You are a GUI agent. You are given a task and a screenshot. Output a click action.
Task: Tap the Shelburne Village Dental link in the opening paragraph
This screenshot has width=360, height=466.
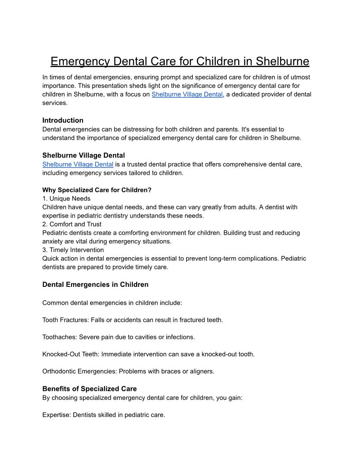pos(187,94)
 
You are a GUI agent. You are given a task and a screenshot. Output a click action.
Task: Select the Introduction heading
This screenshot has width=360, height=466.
pos(63,120)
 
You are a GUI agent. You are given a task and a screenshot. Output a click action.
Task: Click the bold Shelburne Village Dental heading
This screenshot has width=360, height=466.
pos(83,155)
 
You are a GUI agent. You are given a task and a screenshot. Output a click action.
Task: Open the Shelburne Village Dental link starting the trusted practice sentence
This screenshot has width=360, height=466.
pos(78,164)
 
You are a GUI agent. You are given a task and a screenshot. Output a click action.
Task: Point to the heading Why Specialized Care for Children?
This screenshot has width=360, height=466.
pos(97,190)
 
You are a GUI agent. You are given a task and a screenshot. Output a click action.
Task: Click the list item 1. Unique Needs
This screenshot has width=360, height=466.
pos(66,199)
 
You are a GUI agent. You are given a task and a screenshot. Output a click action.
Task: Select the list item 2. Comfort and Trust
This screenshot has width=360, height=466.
pos(71,224)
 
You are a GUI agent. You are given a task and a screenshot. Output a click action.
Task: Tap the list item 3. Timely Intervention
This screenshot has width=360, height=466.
pos(73,250)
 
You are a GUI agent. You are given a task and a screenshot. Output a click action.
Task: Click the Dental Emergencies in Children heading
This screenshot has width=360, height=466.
pos(95,285)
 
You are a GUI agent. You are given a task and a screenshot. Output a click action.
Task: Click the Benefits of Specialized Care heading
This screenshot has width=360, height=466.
pos(90,389)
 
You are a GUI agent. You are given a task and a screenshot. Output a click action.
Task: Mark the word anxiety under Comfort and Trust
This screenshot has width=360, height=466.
pos(53,241)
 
